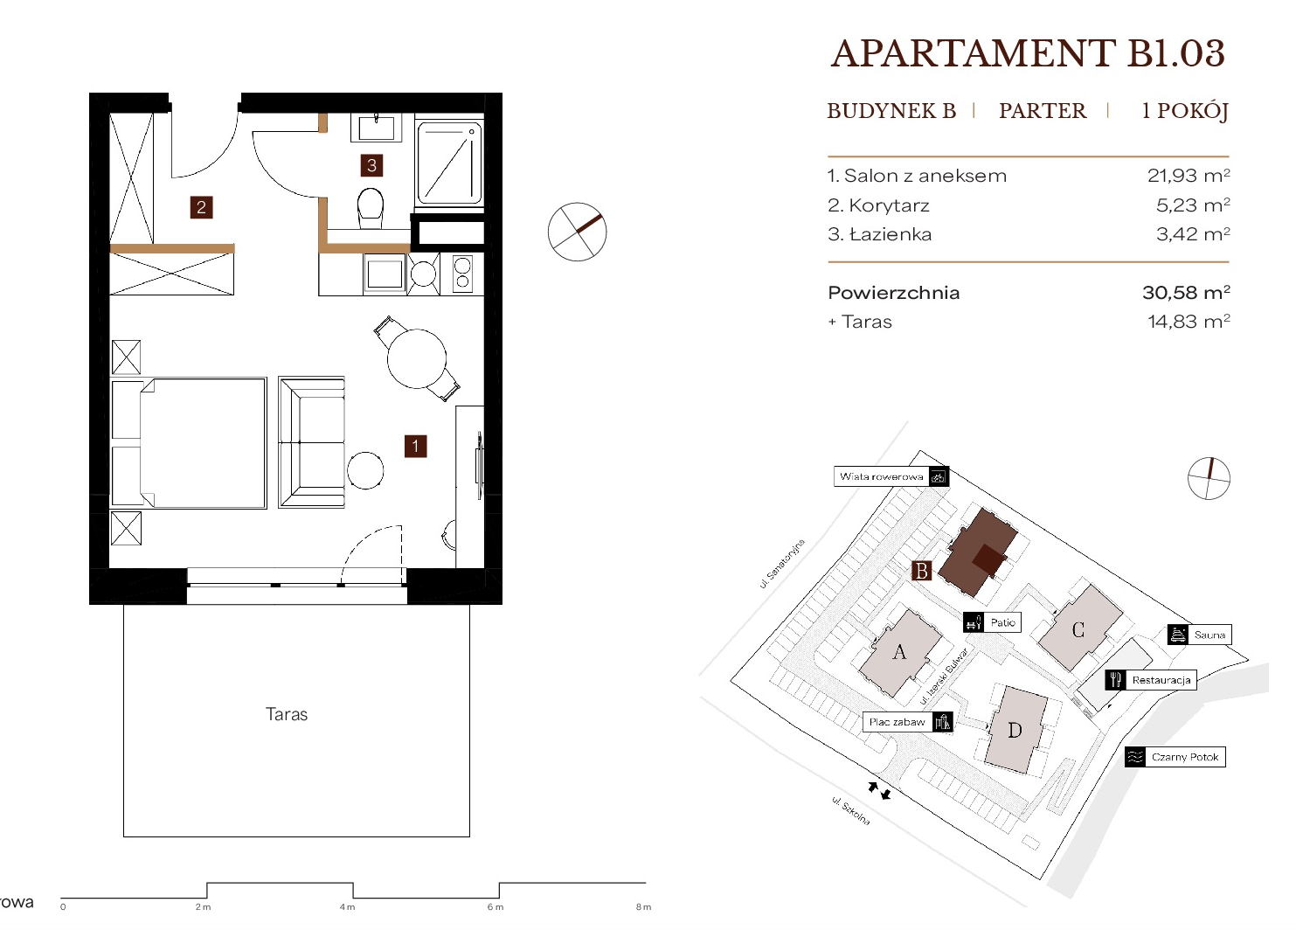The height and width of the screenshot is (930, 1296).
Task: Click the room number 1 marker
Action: tap(415, 446)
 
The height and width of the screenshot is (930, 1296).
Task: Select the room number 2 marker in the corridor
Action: tap(201, 207)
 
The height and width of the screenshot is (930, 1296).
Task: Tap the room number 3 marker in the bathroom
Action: tap(371, 165)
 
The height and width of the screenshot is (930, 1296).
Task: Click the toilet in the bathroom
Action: tap(371, 208)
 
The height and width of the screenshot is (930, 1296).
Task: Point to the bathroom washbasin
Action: tap(376, 128)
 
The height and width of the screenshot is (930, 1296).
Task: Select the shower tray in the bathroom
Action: tap(449, 163)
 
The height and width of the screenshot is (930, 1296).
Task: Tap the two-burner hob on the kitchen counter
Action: tap(462, 274)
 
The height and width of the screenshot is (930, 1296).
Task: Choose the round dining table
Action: tap(417, 359)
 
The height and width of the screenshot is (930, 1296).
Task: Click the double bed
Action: tap(189, 443)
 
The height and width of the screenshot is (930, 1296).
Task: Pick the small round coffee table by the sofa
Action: tap(365, 470)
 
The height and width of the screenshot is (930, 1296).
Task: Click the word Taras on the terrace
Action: tap(287, 714)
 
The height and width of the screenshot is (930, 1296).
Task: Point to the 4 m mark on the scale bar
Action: tap(347, 907)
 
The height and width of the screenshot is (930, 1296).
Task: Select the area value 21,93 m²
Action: tap(1189, 175)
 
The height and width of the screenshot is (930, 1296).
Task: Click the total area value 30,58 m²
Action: tap(1186, 292)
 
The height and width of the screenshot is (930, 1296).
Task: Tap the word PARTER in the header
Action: tap(1043, 110)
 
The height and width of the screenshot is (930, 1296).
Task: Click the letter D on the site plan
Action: tap(1015, 731)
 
